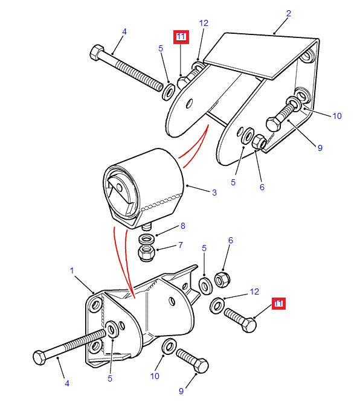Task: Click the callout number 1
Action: click(x=72, y=270)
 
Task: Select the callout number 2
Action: click(x=289, y=13)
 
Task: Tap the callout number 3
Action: click(x=214, y=193)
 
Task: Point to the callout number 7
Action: click(x=181, y=245)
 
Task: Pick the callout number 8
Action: click(x=182, y=226)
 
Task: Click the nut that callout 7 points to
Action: click(x=147, y=252)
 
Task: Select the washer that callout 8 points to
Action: click(x=147, y=240)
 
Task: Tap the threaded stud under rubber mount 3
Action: click(x=147, y=226)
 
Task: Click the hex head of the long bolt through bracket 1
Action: click(x=39, y=357)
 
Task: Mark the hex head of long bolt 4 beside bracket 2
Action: click(x=97, y=53)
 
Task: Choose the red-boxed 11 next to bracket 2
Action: click(x=181, y=37)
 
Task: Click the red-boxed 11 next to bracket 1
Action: click(x=278, y=304)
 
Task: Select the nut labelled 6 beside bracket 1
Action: click(x=222, y=279)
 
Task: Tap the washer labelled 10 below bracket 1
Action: click(x=169, y=346)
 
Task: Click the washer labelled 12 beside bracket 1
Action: click(x=217, y=305)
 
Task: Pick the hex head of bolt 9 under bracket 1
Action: click(x=201, y=365)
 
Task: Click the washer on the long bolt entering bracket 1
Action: click(x=112, y=330)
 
